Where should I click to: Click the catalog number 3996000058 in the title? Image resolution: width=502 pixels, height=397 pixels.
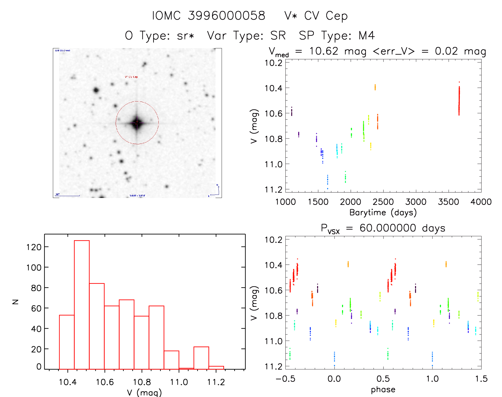(x=226, y=16)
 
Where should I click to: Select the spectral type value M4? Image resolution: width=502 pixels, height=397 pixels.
(x=366, y=36)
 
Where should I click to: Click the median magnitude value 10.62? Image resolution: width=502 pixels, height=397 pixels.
(x=323, y=51)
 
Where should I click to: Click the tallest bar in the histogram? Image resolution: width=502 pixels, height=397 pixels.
(x=82, y=305)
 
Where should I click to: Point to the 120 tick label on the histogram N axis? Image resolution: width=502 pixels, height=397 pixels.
(x=34, y=247)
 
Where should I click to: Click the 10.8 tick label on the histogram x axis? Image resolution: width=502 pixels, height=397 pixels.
(x=142, y=382)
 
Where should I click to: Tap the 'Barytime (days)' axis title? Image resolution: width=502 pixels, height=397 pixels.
(x=383, y=213)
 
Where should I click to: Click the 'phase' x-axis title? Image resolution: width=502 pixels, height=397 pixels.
(x=383, y=390)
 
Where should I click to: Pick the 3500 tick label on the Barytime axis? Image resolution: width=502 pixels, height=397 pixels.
(x=448, y=202)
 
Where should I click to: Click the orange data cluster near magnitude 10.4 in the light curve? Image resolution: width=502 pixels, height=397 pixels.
(x=375, y=87)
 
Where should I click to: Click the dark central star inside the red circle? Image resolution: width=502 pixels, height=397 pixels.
(x=137, y=123)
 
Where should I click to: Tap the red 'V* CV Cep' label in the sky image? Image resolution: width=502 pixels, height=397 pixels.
(x=131, y=77)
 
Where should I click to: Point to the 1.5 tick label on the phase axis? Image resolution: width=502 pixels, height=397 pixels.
(x=481, y=379)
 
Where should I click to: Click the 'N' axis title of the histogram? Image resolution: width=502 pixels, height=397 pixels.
(x=16, y=302)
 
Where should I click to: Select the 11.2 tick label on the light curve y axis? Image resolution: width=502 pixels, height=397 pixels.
(x=273, y=190)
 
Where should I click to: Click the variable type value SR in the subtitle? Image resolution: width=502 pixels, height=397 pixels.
(x=278, y=36)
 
